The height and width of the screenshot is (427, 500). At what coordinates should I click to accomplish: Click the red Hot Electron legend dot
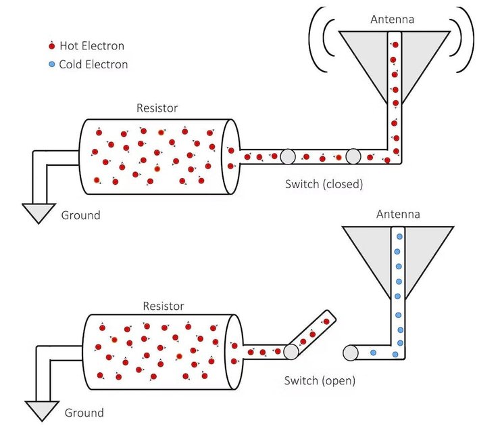[x=51, y=47]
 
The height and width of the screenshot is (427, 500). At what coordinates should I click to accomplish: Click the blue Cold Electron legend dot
[x=51, y=65]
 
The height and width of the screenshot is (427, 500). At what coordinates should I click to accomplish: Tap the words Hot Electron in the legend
[x=91, y=47]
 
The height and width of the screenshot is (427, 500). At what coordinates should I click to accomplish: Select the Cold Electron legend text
[x=93, y=65]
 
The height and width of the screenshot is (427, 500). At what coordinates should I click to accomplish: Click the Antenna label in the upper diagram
[x=393, y=19]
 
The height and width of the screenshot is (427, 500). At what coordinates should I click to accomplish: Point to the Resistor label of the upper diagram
[x=157, y=108]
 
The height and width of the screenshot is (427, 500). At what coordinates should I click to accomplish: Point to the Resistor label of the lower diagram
[x=163, y=306]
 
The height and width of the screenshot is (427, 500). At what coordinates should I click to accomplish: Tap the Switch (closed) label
[x=324, y=183]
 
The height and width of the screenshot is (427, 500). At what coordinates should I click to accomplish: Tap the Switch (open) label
[x=320, y=380]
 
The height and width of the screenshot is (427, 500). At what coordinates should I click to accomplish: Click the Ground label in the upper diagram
[x=80, y=215]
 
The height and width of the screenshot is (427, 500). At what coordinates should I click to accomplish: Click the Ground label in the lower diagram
[x=84, y=412]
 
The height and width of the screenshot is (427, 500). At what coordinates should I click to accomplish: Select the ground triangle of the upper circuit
[x=38, y=212]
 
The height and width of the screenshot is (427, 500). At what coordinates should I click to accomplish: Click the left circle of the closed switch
[x=288, y=157]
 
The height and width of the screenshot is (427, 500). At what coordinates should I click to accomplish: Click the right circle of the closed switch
[x=353, y=157]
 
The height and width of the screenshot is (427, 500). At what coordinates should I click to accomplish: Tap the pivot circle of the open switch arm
[x=292, y=352]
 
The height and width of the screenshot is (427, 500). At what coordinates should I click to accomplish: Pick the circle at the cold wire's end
[x=351, y=353]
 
